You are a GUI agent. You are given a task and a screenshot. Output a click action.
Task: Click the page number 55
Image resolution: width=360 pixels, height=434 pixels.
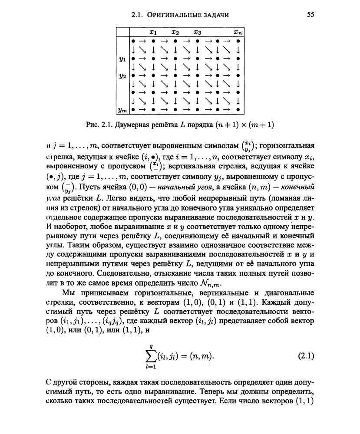click(x=310, y=15)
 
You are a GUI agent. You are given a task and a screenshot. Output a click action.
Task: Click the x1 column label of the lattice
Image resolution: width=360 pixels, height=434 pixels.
click(x=153, y=32)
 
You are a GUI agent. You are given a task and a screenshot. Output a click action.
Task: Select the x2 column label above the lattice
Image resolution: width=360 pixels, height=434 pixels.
click(x=175, y=32)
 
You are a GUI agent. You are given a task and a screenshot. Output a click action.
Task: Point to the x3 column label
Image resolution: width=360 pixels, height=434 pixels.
click(x=197, y=32)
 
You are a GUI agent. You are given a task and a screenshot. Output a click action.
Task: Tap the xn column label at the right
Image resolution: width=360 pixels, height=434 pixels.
click(x=238, y=32)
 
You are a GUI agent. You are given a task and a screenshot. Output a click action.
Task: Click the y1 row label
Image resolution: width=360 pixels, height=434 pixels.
click(x=123, y=58)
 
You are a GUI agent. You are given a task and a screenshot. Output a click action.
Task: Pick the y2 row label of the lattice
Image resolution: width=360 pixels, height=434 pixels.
click(x=123, y=76)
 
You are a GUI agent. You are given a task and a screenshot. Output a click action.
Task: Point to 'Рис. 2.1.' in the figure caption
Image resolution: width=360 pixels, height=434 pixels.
click(x=99, y=125)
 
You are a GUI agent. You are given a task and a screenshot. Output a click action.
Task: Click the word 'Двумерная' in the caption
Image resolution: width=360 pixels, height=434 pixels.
click(x=132, y=125)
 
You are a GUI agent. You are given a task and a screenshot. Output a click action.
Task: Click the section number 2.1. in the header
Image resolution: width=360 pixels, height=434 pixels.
click(x=138, y=15)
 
